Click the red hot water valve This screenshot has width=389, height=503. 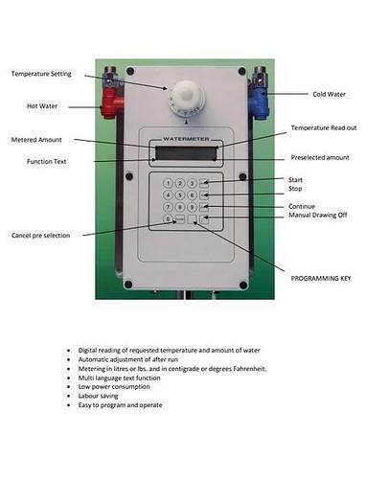(111, 103)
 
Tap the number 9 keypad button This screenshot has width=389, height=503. (192, 207)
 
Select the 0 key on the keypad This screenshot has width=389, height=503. (168, 218)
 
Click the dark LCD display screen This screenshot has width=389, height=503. (186, 152)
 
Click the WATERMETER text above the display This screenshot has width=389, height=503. (186, 139)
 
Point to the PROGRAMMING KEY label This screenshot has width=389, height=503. (321, 278)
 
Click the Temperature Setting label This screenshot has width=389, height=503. (41, 74)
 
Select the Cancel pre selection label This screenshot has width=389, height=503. (41, 235)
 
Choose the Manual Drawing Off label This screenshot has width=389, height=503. (318, 215)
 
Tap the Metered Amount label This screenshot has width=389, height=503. (36, 140)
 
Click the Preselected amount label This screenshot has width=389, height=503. (320, 157)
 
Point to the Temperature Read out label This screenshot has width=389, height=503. (324, 127)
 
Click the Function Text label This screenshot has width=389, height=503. (47, 161)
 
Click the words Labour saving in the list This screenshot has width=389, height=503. (98, 396)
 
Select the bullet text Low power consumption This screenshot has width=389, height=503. (114, 386)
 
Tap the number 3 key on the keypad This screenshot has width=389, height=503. (192, 183)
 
